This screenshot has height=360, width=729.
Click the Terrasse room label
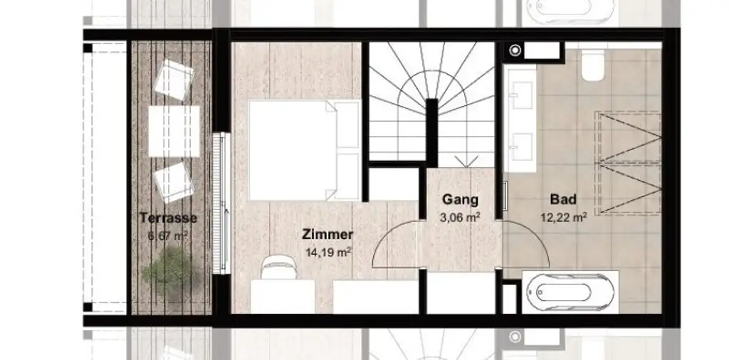point(168,218)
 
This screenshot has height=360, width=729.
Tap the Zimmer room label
point(327,234)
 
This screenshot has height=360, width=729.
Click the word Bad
point(562,200)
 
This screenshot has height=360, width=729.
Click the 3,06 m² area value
point(460,217)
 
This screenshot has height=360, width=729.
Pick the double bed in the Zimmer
point(303,150)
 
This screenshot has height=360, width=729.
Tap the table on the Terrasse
point(173,131)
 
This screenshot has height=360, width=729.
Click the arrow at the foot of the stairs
point(468,161)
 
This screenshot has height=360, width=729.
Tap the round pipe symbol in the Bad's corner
point(515,51)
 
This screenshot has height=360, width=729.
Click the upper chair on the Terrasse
point(174,76)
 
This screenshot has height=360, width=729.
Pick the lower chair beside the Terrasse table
point(174,181)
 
